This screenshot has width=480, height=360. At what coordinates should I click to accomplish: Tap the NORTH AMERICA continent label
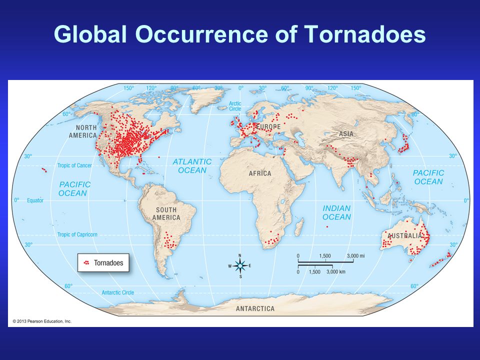(82, 131)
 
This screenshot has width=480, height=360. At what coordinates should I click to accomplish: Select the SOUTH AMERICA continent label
(166, 213)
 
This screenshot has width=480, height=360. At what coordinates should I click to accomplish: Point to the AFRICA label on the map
(260, 173)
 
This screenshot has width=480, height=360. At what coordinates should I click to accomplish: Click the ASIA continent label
(346, 134)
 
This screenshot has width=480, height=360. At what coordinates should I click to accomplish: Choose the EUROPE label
(268, 126)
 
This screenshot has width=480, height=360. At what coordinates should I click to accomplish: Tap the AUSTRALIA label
(404, 235)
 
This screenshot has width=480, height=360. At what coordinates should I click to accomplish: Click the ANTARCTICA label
(255, 308)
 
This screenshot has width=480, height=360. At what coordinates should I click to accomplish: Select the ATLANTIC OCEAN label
(192, 166)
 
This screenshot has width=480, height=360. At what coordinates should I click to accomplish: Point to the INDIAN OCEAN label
(336, 212)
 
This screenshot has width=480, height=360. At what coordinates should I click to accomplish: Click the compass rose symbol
(240, 265)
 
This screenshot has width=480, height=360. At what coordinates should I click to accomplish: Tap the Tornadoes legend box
(103, 262)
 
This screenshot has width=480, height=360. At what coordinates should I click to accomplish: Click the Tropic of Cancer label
(74, 165)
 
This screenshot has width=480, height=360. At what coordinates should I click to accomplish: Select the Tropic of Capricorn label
(77, 234)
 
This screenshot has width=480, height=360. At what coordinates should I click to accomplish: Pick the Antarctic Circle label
(117, 292)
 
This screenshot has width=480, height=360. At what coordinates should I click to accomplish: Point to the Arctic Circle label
(235, 106)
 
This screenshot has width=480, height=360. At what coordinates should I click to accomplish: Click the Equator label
(35, 200)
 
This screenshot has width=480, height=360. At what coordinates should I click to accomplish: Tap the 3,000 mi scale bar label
(355, 256)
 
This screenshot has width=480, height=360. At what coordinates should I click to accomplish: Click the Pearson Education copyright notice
(42, 321)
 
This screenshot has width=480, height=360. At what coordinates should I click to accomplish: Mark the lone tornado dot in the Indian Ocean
(327, 227)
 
